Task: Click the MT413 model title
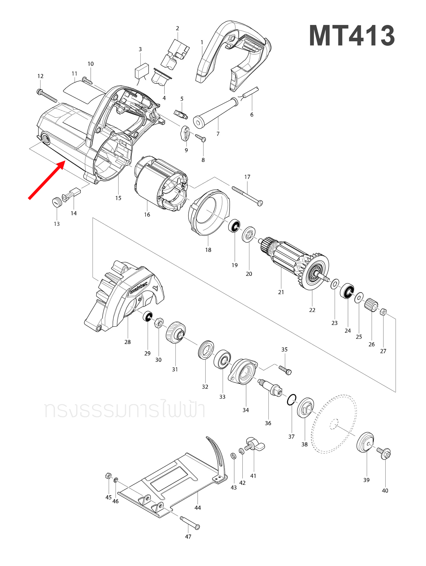pyautogui.click(x=352, y=36)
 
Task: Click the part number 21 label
pyautogui.click(x=281, y=292)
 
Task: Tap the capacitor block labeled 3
pyautogui.click(x=141, y=71)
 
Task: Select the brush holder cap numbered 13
pyautogui.click(x=57, y=202)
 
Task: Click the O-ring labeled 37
pyautogui.click(x=292, y=400)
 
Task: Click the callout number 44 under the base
pyautogui.click(x=198, y=508)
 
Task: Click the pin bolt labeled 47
pyautogui.click(x=190, y=523)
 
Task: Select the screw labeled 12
pyautogui.click(x=47, y=96)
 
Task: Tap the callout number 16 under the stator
pyautogui.click(x=147, y=215)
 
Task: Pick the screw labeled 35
pyautogui.click(x=285, y=370)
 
